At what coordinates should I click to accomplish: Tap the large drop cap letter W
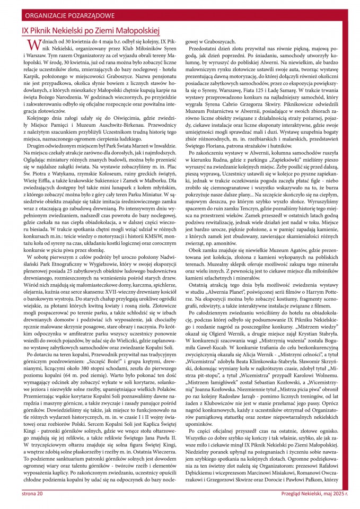(31, 45)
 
